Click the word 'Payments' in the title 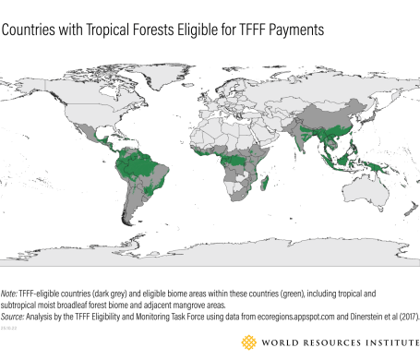pos(300,30)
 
